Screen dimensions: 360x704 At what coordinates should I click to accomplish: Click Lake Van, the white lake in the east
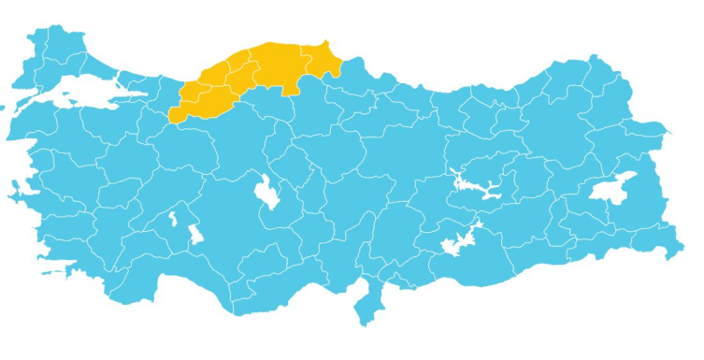(x=612, y=189)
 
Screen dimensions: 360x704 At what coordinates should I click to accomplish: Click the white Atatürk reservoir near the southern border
(x=459, y=241)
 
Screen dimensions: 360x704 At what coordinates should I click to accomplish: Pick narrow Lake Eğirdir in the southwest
(x=172, y=222)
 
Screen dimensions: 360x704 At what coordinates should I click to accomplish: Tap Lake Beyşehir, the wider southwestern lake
(x=194, y=234)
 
